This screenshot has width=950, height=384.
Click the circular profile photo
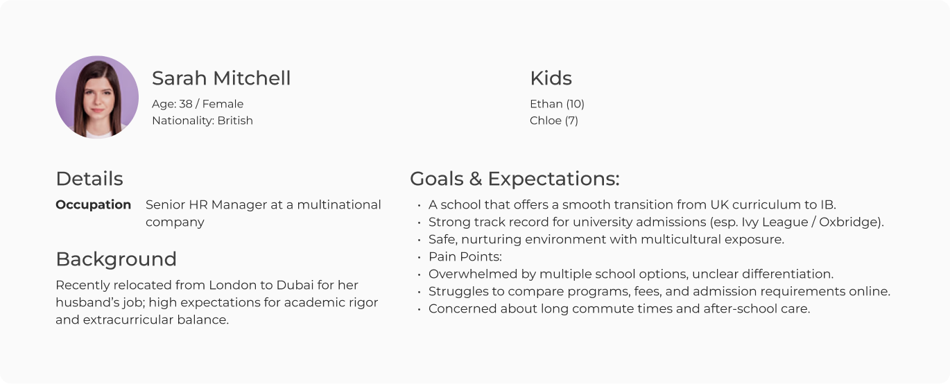point(96,97)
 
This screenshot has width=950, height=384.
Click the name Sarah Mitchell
point(221,78)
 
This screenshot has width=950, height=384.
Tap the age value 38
point(186,104)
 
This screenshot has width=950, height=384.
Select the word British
point(235,121)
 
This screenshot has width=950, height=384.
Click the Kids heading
point(551,78)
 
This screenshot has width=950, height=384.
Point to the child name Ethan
point(546,104)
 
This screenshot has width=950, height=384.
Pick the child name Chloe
point(546,121)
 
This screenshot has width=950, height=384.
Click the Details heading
point(89,179)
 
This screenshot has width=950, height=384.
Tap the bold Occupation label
point(94,204)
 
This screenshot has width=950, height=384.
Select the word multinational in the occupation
point(339,204)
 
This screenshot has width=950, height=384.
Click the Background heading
point(116,259)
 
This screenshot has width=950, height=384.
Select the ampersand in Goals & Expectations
point(476,179)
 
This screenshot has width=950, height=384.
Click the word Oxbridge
point(849,222)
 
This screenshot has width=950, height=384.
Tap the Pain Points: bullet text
point(465,257)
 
